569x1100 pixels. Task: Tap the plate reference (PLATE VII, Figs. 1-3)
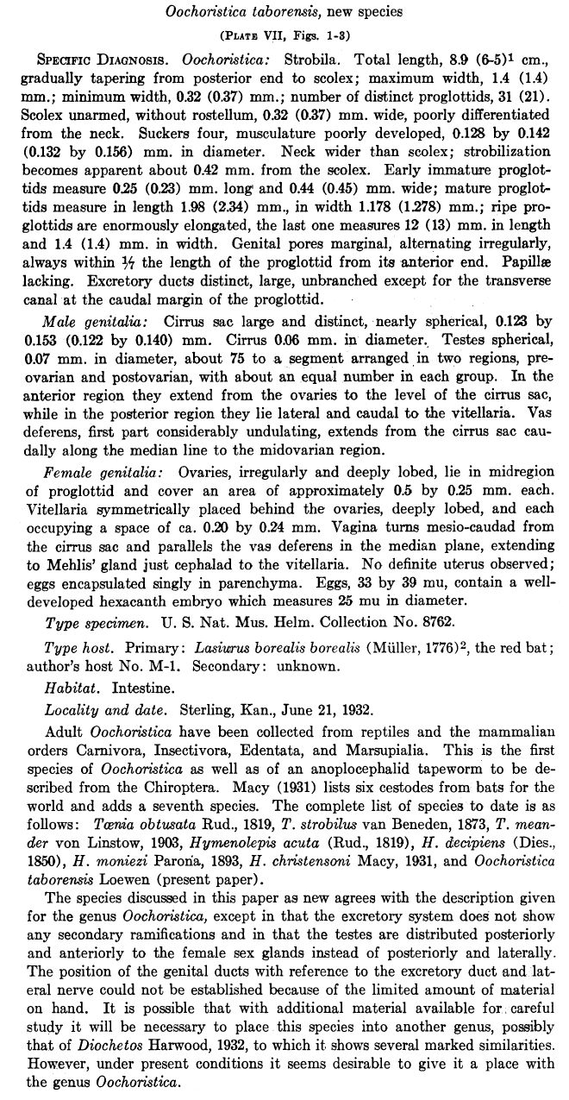tap(284, 35)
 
